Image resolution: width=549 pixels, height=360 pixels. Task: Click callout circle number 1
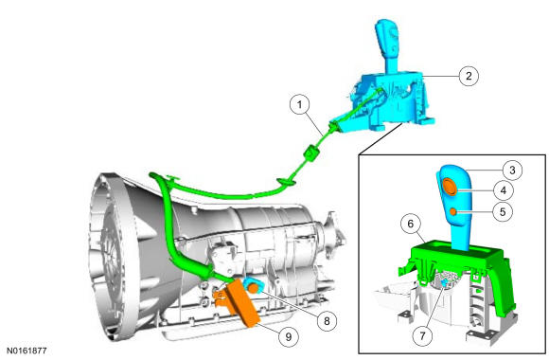pos(300,104)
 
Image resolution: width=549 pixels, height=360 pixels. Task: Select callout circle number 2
pos(469,76)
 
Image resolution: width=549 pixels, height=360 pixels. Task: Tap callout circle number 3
pos(512,171)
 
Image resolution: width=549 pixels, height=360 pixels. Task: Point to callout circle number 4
pos(504,190)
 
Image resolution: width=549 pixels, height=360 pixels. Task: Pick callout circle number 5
pos(503,211)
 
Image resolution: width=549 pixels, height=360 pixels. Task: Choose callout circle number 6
pos(411,224)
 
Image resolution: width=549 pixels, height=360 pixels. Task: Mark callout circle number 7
pos(422,335)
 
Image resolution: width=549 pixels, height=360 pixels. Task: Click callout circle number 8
pos(327,321)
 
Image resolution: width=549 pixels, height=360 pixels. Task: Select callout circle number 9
pos(288,337)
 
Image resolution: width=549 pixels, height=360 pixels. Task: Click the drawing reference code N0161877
pos(27,351)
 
